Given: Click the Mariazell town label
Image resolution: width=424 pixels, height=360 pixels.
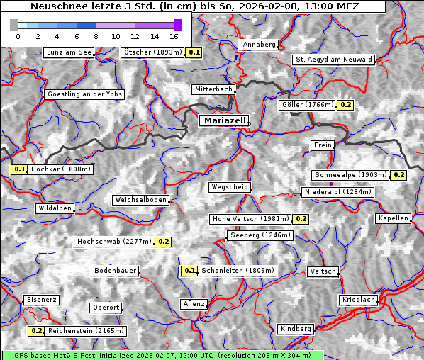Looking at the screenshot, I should (x=223, y=120).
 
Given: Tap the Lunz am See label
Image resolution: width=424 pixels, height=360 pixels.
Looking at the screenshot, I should (x=68, y=52).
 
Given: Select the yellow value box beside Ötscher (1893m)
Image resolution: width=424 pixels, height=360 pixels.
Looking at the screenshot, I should (x=194, y=52).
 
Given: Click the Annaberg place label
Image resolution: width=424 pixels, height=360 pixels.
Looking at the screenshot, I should (x=259, y=45).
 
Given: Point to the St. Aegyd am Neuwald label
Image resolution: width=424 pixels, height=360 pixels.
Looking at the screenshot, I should (x=333, y=60).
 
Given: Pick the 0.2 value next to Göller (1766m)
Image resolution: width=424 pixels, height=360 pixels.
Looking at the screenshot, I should (x=345, y=105).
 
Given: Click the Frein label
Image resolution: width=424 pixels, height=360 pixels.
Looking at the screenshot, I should (x=323, y=145).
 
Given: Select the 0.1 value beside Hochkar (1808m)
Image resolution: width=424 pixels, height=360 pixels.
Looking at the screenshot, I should (x=19, y=169).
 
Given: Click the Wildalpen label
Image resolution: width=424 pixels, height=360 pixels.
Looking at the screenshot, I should (x=55, y=208).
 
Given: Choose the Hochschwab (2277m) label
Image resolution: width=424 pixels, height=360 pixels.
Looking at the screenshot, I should (x=114, y=242).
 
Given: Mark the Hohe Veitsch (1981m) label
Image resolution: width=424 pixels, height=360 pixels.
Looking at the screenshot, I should (x=251, y=219).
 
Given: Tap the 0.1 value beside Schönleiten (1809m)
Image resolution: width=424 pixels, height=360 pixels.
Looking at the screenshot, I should (x=189, y=271).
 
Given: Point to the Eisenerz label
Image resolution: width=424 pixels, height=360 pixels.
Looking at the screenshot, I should (x=41, y=300).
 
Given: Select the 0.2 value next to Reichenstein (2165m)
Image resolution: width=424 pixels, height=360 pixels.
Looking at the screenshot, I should (x=36, y=331).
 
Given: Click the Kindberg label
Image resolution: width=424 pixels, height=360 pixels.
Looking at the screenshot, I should (x=296, y=329).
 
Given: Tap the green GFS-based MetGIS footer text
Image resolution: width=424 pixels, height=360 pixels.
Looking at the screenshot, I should (x=162, y=355).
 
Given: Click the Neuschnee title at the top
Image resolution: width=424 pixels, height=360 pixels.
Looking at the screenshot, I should (x=192, y=6).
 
